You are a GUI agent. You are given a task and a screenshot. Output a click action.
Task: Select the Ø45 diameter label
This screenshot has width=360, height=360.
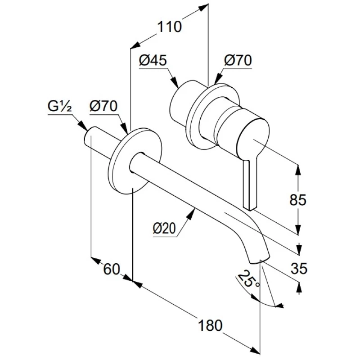click(153, 60)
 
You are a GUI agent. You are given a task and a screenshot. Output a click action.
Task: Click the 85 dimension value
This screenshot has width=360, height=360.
click(298, 199)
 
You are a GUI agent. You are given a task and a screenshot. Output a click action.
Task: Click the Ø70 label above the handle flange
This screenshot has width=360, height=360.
click(238, 60)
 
